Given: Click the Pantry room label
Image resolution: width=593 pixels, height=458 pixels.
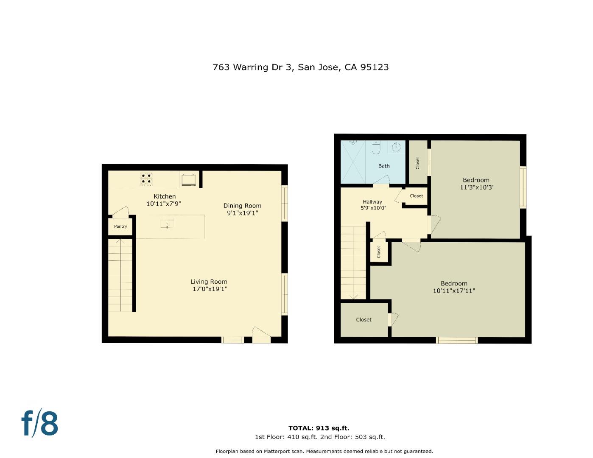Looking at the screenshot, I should pos(120,226).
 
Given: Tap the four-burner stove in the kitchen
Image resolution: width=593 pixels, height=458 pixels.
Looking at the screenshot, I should pos(147,179).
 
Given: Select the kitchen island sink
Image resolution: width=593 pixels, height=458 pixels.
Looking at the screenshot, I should pos(167,224).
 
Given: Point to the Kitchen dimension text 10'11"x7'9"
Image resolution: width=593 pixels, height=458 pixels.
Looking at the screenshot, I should pos(164,204).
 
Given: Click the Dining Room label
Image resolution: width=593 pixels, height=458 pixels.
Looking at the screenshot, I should pos(242,206).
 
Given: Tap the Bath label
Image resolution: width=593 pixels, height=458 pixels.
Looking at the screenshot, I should pos(384,166).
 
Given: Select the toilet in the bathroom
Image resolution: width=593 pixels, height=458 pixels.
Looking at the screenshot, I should pos(376,148).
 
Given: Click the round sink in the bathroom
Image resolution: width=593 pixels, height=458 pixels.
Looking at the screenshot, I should pos(396,147).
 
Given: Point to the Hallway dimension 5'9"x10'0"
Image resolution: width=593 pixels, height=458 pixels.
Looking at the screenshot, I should pos(373,208).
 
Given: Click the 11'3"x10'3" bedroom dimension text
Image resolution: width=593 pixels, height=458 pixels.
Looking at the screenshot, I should pos(477,187).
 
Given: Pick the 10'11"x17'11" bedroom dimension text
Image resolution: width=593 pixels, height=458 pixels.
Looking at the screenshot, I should pos(454,291).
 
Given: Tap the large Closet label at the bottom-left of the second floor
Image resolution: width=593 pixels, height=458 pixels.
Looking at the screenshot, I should pos(364,320).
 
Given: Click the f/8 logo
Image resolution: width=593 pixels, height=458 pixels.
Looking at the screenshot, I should pos(40,423).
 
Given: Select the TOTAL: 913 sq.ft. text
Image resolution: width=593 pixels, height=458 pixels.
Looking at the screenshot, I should pos(319,428).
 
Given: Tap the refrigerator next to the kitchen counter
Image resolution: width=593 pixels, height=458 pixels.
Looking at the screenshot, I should pos(189,179).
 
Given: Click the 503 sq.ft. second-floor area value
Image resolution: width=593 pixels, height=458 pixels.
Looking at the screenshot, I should pos(369,437).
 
